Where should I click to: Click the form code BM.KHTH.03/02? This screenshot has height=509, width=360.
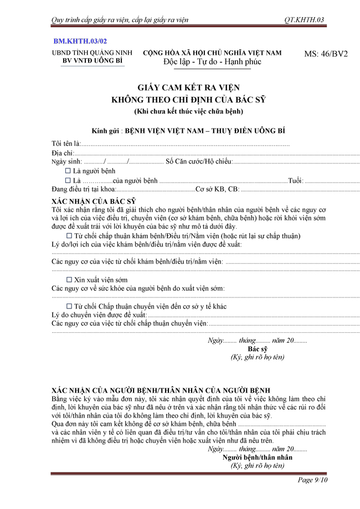coord(80,42)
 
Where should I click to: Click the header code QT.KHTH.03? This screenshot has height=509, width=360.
coord(304,20)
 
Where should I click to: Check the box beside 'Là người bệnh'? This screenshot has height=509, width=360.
coord(68,171)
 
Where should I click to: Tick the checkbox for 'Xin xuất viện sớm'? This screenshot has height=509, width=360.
coord(69,280)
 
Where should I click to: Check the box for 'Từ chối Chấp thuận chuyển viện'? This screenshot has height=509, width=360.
coord(69,306)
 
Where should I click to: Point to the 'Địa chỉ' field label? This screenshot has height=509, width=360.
coord(62,153)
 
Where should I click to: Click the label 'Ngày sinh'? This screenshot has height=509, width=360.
coord(66,162)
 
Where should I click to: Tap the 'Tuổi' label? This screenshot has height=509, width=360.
coord(295,181)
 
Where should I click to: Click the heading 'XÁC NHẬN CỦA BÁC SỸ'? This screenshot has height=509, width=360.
coord(94,200)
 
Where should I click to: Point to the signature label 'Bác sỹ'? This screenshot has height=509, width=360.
coord(258,349)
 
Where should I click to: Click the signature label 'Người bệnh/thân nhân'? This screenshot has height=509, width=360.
coord(258,457)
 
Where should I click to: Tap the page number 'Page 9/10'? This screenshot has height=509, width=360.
coord(313,480)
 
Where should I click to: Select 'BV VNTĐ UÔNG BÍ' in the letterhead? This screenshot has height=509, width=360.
coord(92,61)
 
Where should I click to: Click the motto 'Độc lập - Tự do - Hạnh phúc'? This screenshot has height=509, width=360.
coord(212,63)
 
